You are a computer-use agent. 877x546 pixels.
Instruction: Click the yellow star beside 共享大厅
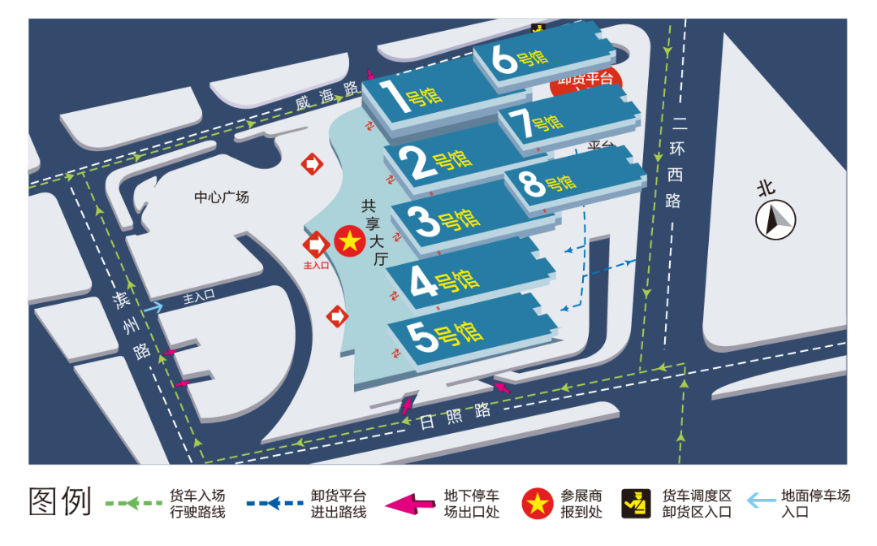click(349, 241)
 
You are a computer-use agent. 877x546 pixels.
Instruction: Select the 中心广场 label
click(222, 197)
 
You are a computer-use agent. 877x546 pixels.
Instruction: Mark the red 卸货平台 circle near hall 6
click(587, 80)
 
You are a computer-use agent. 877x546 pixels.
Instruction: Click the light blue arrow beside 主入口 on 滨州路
click(154, 307)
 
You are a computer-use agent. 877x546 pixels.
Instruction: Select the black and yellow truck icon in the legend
click(636, 504)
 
